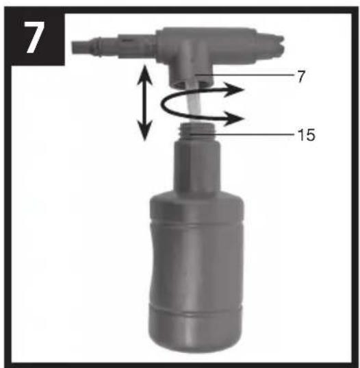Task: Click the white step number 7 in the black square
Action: pos(34,38)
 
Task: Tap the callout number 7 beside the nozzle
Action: pos(301,77)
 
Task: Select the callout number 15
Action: pos(306,135)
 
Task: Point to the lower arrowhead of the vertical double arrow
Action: pos(144,131)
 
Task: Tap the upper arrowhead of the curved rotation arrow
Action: pos(233,90)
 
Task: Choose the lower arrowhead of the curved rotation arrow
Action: pos(233,119)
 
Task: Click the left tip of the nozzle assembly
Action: pos(73,47)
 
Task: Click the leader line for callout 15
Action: pos(242,135)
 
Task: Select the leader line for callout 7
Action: pos(245,75)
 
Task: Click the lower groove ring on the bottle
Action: pos(196,309)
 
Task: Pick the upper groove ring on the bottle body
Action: pos(196,224)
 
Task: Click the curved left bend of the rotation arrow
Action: pos(162,105)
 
